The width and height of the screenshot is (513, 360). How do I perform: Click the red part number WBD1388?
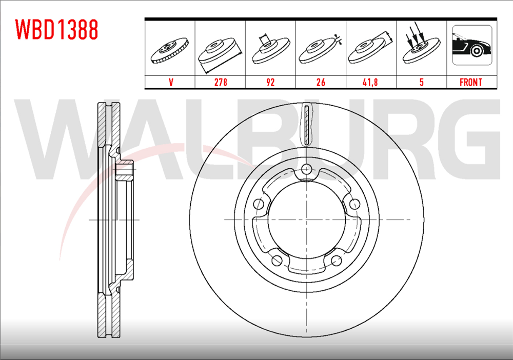click(x=57, y=30)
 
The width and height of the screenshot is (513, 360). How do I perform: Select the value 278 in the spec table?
click(x=221, y=82)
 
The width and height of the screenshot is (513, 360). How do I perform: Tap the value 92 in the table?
click(x=270, y=82)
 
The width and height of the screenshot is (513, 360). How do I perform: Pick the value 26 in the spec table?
click(x=321, y=82)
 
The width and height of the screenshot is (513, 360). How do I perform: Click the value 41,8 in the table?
click(x=370, y=82)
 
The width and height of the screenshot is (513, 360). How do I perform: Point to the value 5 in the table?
click(x=421, y=82)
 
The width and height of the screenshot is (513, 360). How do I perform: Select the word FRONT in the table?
click(x=471, y=82)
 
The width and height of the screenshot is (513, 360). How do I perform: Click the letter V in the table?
click(x=170, y=82)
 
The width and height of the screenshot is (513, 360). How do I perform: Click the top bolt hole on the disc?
click(x=307, y=169)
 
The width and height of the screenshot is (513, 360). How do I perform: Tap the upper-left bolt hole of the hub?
click(x=260, y=204)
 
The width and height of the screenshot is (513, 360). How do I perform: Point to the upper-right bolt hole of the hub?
click(x=354, y=204)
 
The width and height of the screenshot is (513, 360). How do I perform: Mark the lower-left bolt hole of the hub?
click(x=277, y=259)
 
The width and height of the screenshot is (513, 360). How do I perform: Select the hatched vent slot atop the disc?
click(x=307, y=125)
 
